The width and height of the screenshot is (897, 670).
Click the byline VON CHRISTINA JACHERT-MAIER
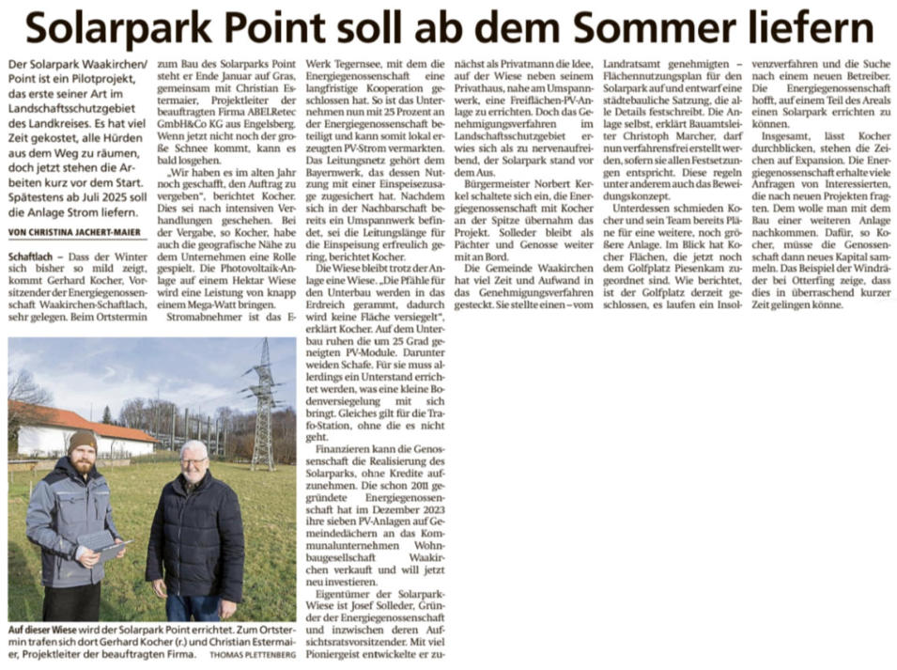pyautogui.click(x=73, y=230)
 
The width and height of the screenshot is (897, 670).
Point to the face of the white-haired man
pyautogui.click(x=193, y=462)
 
